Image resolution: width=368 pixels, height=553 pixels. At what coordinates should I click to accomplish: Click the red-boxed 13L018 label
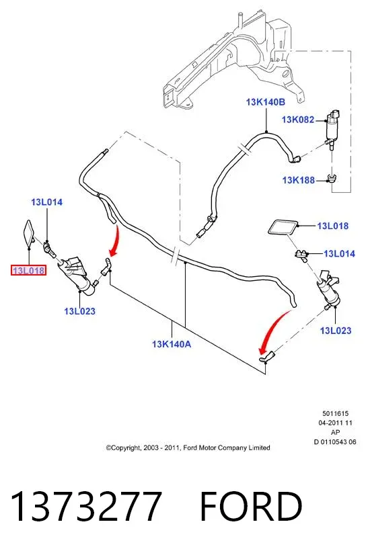(29, 271)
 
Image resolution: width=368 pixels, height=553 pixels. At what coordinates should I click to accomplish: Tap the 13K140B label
(265, 102)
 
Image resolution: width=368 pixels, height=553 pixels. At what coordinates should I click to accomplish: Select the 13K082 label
(298, 120)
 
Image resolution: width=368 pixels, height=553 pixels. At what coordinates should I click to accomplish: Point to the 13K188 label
(299, 180)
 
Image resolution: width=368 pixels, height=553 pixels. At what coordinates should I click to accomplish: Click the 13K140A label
(172, 344)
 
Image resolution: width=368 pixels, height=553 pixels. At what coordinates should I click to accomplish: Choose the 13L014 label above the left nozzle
(46, 202)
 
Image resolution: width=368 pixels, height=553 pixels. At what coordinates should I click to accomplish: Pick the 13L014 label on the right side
(339, 253)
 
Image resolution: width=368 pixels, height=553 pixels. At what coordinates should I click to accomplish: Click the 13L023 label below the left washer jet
(80, 311)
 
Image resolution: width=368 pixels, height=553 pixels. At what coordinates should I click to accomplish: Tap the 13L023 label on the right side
(336, 331)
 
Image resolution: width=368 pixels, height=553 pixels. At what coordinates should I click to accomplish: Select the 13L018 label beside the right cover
(333, 226)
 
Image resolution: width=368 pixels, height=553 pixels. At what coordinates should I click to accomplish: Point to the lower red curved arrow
(274, 331)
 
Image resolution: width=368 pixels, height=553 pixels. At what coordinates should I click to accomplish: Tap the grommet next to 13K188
(331, 178)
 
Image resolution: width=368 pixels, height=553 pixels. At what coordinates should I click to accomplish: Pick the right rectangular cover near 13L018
(283, 228)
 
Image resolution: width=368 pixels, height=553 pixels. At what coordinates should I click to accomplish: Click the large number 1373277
(86, 506)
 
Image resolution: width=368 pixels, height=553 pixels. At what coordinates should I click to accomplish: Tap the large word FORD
(251, 506)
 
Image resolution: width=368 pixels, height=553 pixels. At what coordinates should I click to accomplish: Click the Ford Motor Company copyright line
(188, 448)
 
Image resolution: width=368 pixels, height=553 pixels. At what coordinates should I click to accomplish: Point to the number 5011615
(335, 414)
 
